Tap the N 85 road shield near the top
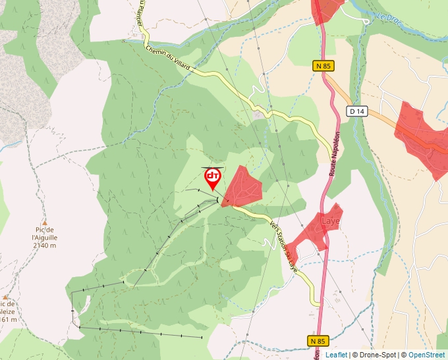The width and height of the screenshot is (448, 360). [x=322, y=66]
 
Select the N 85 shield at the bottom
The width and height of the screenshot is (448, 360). [x=318, y=340]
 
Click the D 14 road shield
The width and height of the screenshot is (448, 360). [x=357, y=111]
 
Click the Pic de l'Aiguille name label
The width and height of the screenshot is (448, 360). [x=45, y=234]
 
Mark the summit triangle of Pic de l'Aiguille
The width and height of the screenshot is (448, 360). [x=45, y=223]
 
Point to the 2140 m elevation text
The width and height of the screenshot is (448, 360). [x=44, y=245]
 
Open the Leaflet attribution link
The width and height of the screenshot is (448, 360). [x=336, y=355]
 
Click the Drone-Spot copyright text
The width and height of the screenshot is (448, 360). [x=375, y=355]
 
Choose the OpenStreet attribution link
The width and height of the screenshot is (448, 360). [x=428, y=355]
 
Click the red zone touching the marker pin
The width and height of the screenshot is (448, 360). [x=243, y=187]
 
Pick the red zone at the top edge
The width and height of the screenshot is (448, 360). [x=327, y=9]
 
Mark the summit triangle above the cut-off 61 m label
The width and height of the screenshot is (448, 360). [x=6, y=297]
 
